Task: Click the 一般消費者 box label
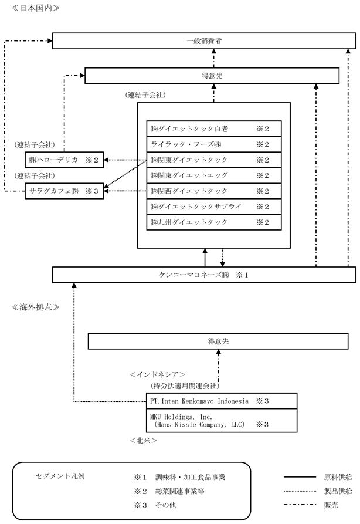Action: (x=204, y=41)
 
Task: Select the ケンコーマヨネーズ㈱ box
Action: (x=204, y=275)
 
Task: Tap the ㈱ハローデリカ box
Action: (x=64, y=160)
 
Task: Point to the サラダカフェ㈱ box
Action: (x=64, y=191)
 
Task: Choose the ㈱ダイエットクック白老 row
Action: (x=214, y=129)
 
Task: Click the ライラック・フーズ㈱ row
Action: (x=214, y=144)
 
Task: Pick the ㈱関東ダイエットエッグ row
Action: (x=214, y=175)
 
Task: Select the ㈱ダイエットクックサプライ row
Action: (x=214, y=207)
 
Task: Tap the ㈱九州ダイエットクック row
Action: (x=214, y=222)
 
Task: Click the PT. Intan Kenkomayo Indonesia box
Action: (x=222, y=401)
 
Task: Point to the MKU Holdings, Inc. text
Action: (x=181, y=417)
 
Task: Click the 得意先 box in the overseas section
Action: (x=218, y=341)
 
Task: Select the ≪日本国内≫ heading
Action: (x=36, y=8)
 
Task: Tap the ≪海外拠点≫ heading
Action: (x=36, y=307)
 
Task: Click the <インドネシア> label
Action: (x=157, y=374)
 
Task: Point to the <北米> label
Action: (x=143, y=441)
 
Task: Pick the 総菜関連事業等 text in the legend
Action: (x=179, y=491)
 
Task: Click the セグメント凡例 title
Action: (x=60, y=476)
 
